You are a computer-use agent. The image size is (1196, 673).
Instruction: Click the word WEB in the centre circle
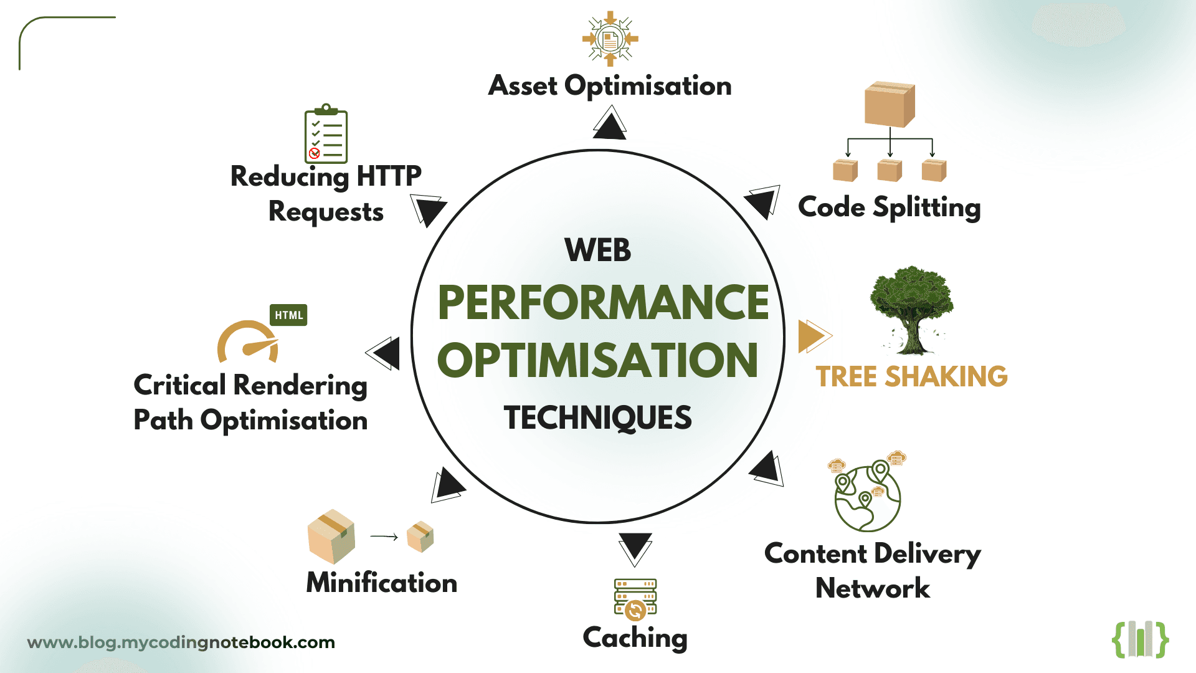tap(597, 251)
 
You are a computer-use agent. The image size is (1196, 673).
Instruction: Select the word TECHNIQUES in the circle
tap(597, 418)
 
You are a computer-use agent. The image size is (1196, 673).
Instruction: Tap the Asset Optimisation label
tap(610, 86)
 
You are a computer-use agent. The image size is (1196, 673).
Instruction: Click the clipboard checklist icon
tap(326, 134)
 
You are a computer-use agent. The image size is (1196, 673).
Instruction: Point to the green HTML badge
tap(288, 315)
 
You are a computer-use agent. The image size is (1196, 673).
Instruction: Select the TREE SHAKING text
tap(911, 376)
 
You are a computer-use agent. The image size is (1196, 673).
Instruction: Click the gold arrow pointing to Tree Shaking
tap(814, 336)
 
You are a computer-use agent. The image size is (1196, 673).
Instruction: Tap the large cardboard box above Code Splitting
tap(890, 104)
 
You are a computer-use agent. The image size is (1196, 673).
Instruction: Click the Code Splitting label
tap(889, 208)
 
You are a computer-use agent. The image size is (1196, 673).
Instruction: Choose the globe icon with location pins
tap(868, 497)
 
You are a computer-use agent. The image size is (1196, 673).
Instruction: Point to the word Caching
tap(635, 637)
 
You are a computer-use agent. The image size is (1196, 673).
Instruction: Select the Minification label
tap(382, 583)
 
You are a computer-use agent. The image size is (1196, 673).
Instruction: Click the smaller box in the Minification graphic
tap(420, 537)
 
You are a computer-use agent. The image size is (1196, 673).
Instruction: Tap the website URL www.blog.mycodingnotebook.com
tap(181, 642)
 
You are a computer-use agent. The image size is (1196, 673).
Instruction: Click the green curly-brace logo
tap(1140, 639)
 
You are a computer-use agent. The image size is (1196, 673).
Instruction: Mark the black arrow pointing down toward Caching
tap(635, 548)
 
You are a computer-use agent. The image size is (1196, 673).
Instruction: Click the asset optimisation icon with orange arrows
tap(610, 39)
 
